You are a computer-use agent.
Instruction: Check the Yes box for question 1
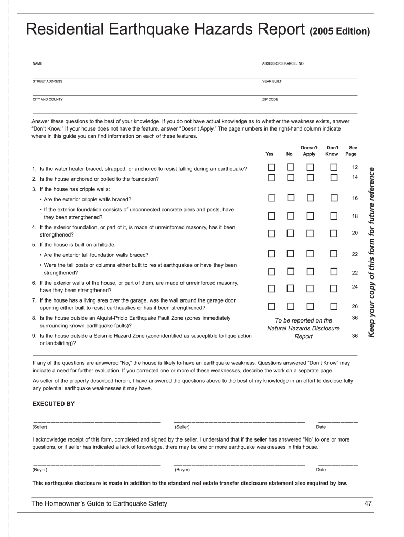[x=272, y=167]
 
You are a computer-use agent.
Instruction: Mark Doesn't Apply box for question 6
[x=310, y=288]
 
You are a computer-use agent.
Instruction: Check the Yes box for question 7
[x=272, y=306]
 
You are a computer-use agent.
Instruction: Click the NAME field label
[x=37, y=63]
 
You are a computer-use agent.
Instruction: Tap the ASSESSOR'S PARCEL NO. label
[x=283, y=63]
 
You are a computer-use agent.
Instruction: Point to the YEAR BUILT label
[x=272, y=81]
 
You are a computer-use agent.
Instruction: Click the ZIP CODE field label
[x=270, y=99]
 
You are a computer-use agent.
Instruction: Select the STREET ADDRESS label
[x=47, y=81]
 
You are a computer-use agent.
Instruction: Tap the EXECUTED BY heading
[x=54, y=404]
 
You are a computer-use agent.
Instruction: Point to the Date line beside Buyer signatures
[x=338, y=464]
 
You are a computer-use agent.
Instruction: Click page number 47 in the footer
[x=368, y=504]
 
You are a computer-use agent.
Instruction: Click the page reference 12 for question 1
[x=355, y=167]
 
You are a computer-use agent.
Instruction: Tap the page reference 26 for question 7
[x=355, y=306]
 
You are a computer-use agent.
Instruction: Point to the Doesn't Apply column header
[x=309, y=151]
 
